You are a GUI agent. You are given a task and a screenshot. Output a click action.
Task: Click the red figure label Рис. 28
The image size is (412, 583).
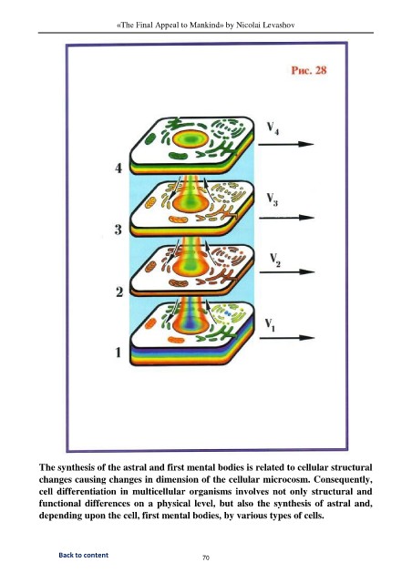308,70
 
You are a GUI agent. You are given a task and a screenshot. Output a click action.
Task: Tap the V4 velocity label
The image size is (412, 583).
273,128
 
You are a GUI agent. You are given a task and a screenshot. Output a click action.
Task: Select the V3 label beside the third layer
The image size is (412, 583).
272,199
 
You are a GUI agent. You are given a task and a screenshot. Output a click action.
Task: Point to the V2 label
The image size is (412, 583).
275,261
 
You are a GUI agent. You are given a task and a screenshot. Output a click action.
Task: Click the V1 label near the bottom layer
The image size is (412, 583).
270,325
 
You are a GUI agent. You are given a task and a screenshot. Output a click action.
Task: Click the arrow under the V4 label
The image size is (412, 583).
286,144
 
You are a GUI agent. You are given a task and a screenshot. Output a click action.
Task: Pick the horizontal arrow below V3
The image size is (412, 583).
286,218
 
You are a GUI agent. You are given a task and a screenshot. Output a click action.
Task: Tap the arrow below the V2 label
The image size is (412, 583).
287,272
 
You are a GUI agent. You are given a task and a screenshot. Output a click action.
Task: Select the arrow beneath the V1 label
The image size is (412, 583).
287,338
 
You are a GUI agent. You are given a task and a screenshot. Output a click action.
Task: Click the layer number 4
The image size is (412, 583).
118,169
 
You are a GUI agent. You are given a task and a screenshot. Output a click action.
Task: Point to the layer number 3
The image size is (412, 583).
118,230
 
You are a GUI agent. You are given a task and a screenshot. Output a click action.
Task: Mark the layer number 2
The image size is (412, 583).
119,292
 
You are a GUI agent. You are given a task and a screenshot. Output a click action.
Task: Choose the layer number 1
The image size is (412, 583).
118,353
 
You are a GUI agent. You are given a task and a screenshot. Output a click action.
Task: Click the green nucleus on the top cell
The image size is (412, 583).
191,139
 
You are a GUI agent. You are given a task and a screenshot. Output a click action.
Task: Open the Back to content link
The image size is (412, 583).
83,555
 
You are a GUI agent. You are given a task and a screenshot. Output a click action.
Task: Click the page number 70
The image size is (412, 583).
206,557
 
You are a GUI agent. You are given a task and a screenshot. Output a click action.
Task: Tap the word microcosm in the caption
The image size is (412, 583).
286,479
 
